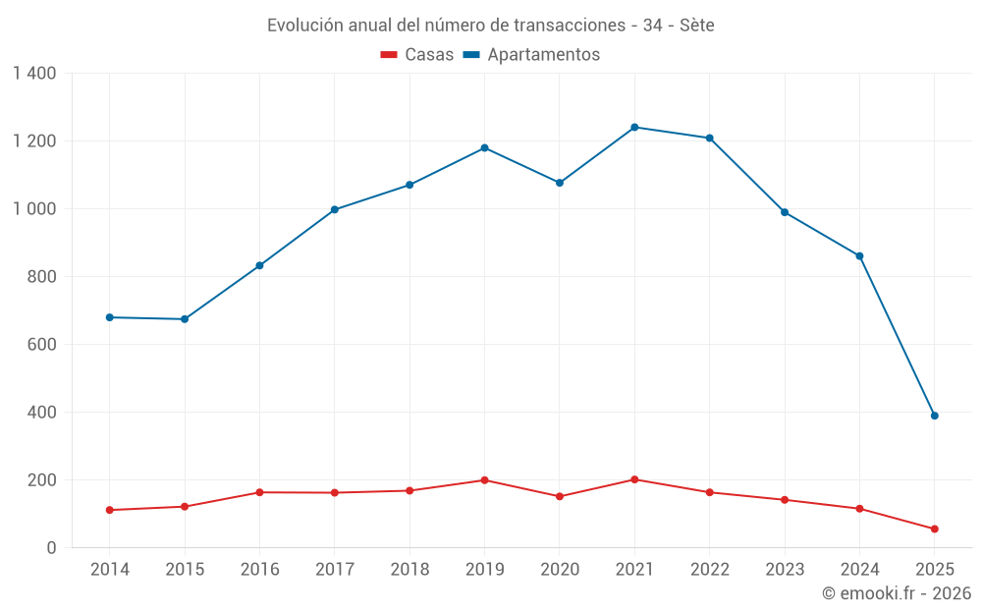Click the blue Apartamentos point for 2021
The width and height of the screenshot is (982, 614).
pyautogui.click(x=634, y=127)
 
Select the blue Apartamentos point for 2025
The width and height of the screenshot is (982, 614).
pyautogui.click(x=934, y=416)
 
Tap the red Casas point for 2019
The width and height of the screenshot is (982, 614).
pyautogui.click(x=484, y=480)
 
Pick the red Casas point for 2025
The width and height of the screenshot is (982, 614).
pyautogui.click(x=934, y=529)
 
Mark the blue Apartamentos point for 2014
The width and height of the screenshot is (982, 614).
pyautogui.click(x=109, y=317)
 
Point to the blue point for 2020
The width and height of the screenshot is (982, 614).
pyautogui.click(x=560, y=183)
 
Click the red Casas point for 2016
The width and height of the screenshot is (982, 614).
pyautogui.click(x=259, y=492)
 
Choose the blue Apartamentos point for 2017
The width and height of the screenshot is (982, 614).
pyautogui.click(x=335, y=209)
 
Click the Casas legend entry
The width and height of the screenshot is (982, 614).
pyautogui.click(x=417, y=55)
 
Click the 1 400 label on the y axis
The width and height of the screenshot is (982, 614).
pyautogui.click(x=34, y=73)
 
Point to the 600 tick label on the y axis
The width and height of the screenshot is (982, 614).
pyautogui.click(x=42, y=344)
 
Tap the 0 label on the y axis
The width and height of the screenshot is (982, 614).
pyautogui.click(x=51, y=547)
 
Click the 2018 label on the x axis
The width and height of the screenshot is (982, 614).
pyautogui.click(x=409, y=570)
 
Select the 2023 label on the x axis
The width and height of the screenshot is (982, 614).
pyautogui.click(x=785, y=570)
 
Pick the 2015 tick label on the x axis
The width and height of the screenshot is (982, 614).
pyautogui.click(x=185, y=570)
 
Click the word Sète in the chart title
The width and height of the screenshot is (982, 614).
pyautogui.click(x=696, y=25)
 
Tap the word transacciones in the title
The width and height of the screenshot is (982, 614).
pyautogui.click(x=570, y=25)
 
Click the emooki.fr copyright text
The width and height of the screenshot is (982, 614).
pyautogui.click(x=896, y=593)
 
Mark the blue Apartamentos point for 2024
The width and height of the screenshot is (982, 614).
pyautogui.click(x=859, y=255)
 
